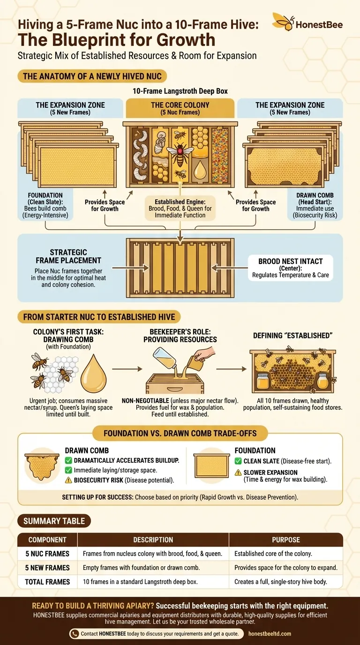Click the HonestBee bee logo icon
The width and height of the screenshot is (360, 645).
click(284, 22)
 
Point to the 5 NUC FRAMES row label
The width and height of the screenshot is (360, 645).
click(47, 554)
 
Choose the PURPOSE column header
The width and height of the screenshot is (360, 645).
click(285, 540)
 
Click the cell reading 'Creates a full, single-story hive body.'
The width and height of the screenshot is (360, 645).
click(285, 582)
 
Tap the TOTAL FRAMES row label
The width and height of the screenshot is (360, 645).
click(47, 582)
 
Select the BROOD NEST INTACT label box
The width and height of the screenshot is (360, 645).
click(291, 268)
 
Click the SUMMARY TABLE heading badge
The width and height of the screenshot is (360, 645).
click(54, 521)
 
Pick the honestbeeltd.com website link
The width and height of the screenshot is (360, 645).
click(270, 634)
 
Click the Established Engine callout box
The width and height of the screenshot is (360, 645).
click(180, 208)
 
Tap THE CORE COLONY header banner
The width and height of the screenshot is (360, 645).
click(180, 108)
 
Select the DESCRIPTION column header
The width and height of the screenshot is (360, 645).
click(153, 540)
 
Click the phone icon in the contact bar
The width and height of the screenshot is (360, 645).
click(75, 634)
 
